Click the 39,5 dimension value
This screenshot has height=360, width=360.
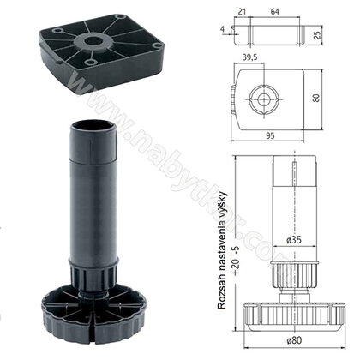[250, 57]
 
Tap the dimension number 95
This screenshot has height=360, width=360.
[270, 135]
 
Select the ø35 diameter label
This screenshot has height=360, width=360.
[294, 240]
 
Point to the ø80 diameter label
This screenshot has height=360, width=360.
[294, 340]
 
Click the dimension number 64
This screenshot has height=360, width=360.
[274, 12]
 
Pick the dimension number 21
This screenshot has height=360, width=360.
[242, 12]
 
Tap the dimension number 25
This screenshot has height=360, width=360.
[317, 34]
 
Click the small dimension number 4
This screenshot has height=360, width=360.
[223, 29]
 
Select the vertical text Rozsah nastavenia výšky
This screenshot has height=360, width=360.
[222, 250]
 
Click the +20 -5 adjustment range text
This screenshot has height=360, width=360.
[236, 260]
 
